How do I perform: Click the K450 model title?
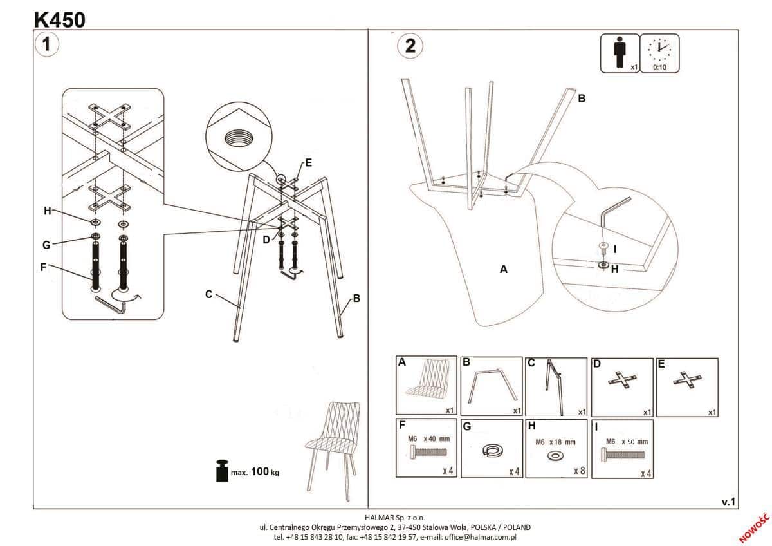tap(59, 19)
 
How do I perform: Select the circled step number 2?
tap(410, 46)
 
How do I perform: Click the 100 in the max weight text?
tap(259, 472)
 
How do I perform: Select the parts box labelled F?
tap(426, 449)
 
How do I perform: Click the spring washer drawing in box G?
tap(492, 451)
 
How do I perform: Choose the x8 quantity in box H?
tap(579, 471)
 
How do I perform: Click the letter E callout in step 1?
tap(308, 163)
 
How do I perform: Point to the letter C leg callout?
tap(208, 294)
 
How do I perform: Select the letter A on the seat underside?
tap(504, 270)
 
